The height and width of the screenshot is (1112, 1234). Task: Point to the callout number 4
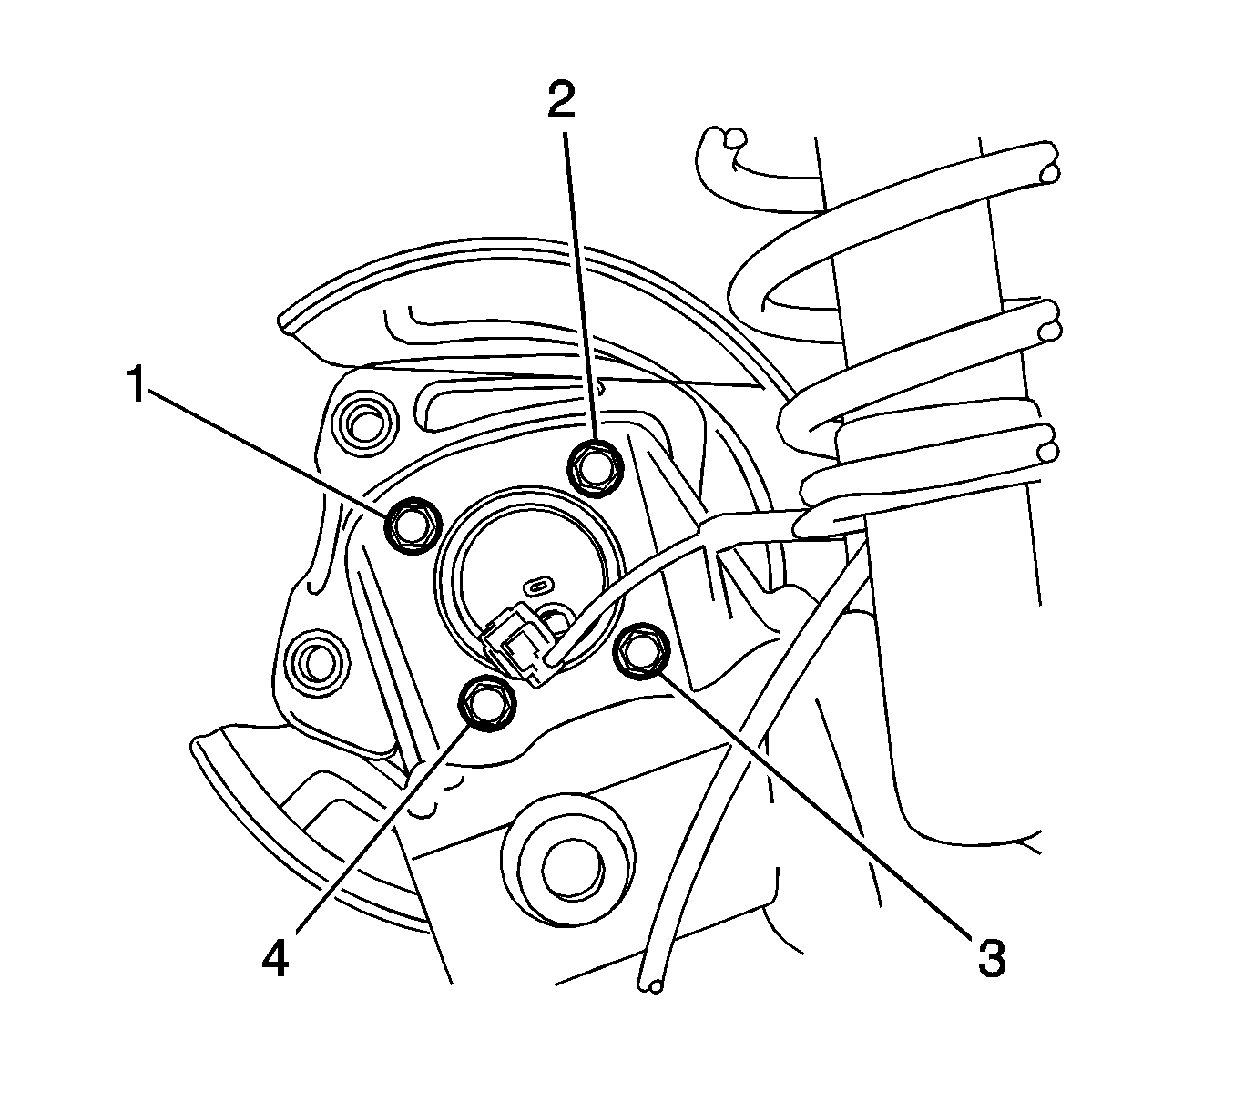[275, 958]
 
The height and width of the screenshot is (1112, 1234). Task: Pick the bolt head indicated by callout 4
[485, 704]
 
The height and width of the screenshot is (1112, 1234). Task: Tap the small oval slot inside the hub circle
[541, 583]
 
